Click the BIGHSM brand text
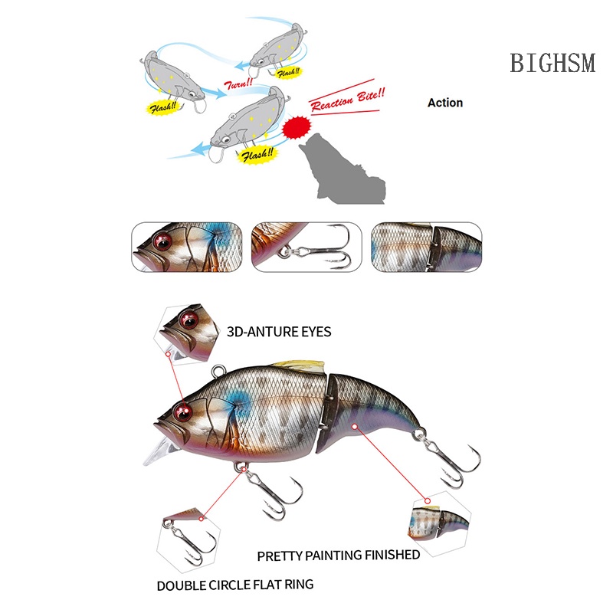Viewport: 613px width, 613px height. [x=552, y=63]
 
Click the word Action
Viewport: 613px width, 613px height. [x=445, y=102]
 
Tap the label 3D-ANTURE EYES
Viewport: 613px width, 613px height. [x=279, y=332]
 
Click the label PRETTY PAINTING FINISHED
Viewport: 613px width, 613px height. [x=338, y=555]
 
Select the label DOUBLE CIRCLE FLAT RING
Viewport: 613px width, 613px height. [x=235, y=585]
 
